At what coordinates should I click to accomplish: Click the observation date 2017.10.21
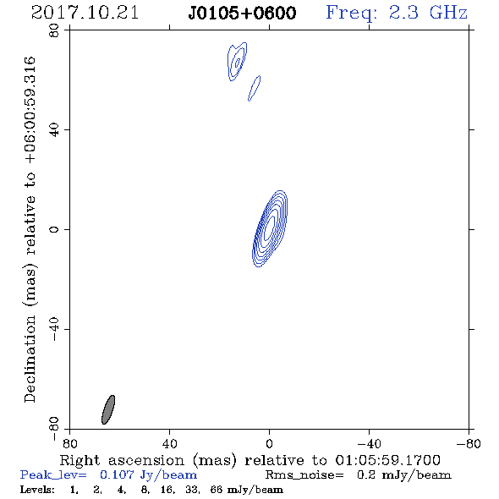pyautogui.click(x=85, y=13)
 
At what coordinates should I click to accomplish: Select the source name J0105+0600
pyautogui.click(x=242, y=13)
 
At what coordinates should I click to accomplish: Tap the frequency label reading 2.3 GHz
pyautogui.click(x=428, y=13)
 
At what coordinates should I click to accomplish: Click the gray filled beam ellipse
pyautogui.click(x=108, y=409)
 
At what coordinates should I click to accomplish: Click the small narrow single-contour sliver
pyautogui.click(x=255, y=88)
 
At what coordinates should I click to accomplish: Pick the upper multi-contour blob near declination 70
pyautogui.click(x=237, y=62)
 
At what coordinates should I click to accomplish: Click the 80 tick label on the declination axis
pyautogui.click(x=54, y=30)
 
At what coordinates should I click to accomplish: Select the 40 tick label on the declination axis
pyautogui.click(x=54, y=130)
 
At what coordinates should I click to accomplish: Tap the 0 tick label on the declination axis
pyautogui.click(x=54, y=229)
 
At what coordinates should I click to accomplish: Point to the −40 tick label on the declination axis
pyautogui.click(x=54, y=329)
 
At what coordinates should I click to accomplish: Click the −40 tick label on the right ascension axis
pyautogui.click(x=369, y=444)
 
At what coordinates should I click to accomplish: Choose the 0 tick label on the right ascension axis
pyautogui.click(x=269, y=444)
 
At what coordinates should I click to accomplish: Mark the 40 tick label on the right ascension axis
pyautogui.click(x=169, y=444)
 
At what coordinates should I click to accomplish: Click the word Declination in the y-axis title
pyautogui.click(x=30, y=359)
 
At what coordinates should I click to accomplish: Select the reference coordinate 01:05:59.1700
pyautogui.click(x=388, y=460)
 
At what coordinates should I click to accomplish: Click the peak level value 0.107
pyautogui.click(x=117, y=474)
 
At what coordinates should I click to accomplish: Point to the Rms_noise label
pyautogui.click(x=304, y=475)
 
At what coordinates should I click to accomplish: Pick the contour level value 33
pyautogui.click(x=192, y=489)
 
